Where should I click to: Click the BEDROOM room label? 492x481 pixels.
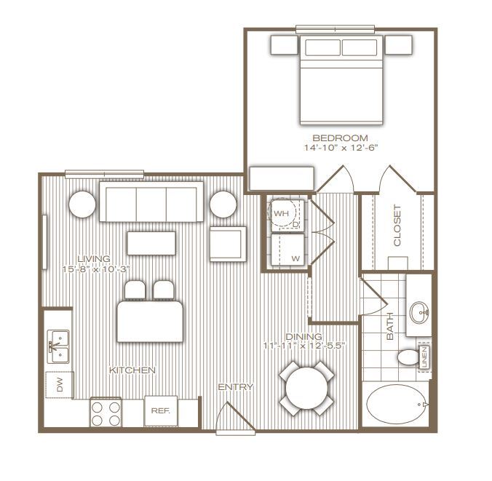[x=340, y=138]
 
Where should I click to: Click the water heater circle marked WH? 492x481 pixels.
[x=281, y=213]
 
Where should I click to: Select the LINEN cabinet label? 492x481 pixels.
[x=426, y=357]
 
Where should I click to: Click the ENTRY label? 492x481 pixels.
[x=236, y=387]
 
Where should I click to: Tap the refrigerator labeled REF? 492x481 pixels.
[x=160, y=410]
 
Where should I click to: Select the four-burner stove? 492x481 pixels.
[x=106, y=413]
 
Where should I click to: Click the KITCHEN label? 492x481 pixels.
[x=132, y=370]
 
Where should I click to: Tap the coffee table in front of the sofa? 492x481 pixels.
[x=152, y=242]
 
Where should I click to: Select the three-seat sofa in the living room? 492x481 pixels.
[x=151, y=202]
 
